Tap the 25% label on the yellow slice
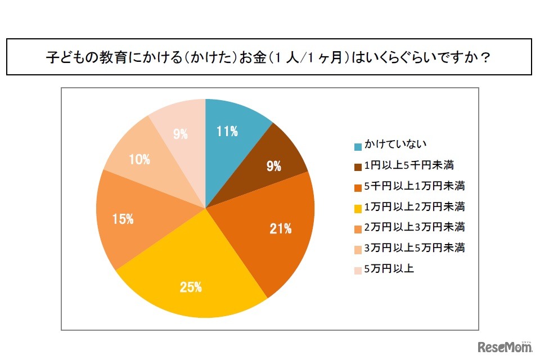pyautogui.click(x=191, y=287)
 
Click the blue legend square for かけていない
pyautogui.click(x=358, y=147)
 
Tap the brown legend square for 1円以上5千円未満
pyautogui.click(x=358, y=167)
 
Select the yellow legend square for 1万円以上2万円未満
pyautogui.click(x=358, y=208)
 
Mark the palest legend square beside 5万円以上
pyautogui.click(x=358, y=270)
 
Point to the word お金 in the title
pyautogui.click(x=252, y=58)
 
